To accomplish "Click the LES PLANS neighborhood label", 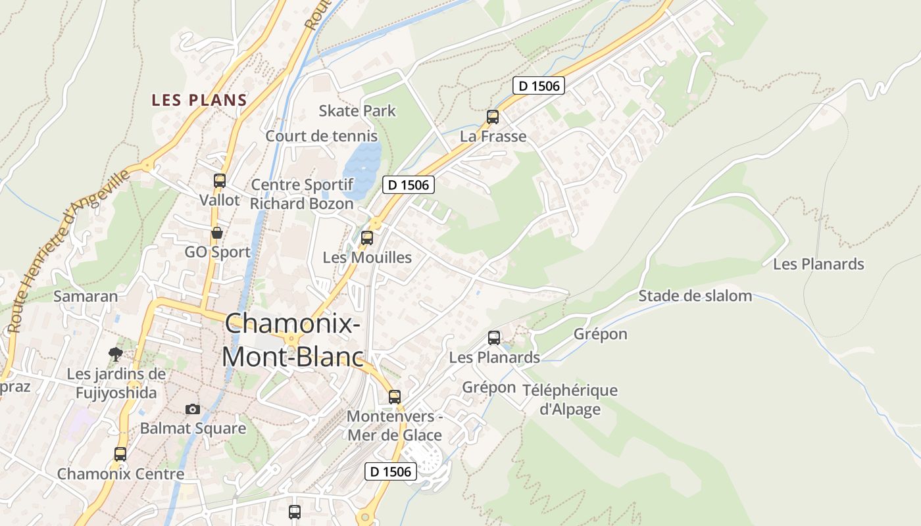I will [199, 100].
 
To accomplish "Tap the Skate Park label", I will [357, 110].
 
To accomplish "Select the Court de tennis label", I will [321, 136].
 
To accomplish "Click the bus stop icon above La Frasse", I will [493, 117].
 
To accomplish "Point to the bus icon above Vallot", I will [220, 180].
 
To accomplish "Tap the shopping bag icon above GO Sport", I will [216, 233].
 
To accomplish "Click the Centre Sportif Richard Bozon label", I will [302, 194].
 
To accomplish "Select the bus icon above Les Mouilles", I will [367, 238].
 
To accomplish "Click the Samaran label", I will [86, 296].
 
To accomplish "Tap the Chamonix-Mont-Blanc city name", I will [293, 340].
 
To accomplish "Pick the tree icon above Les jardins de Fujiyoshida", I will [116, 354].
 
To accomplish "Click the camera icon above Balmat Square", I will [192, 409].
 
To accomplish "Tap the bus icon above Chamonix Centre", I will [120, 454].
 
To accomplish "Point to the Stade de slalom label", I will [695, 296].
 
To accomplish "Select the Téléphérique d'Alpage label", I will [570, 399].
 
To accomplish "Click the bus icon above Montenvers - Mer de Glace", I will [395, 396].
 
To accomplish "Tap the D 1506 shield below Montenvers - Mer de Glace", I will [391, 471].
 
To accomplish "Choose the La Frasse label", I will [493, 136].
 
